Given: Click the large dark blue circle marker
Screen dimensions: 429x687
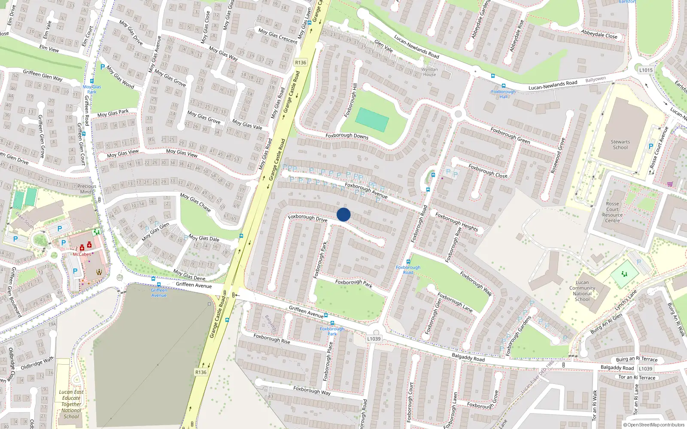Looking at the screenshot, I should point(343,214).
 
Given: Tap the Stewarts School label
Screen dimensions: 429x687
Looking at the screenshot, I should point(620,145).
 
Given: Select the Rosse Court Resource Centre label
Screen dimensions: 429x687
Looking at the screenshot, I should point(612,212).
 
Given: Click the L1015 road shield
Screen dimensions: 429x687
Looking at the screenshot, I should point(646,70).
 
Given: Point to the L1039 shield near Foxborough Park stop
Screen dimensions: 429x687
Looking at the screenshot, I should point(374,338).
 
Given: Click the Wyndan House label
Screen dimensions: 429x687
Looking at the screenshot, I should point(429,72).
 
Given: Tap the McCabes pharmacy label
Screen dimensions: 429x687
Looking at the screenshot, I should point(82,254).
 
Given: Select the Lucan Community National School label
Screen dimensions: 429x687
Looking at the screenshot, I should point(582,291).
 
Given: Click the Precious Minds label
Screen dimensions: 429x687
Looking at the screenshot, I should point(87,189).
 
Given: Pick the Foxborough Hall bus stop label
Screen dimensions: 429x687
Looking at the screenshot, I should point(503,94).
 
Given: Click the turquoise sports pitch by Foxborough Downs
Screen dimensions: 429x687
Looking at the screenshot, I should point(372,119).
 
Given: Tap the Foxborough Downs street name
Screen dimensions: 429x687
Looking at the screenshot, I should point(347,136).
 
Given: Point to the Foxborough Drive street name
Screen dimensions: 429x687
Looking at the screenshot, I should point(307,218).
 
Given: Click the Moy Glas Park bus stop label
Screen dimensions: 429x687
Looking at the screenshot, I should point(92,89).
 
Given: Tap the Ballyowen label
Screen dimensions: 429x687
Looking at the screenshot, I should point(596,79).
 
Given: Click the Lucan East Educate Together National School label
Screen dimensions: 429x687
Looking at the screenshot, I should point(71,404).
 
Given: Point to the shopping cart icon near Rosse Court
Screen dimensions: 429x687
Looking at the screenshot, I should point(670,184).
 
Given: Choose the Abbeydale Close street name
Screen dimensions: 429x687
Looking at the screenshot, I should point(599,34).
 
